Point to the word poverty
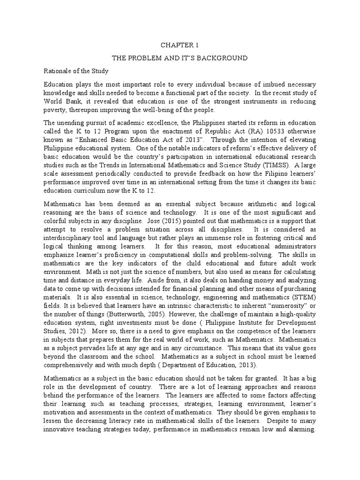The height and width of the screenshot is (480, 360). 55,110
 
